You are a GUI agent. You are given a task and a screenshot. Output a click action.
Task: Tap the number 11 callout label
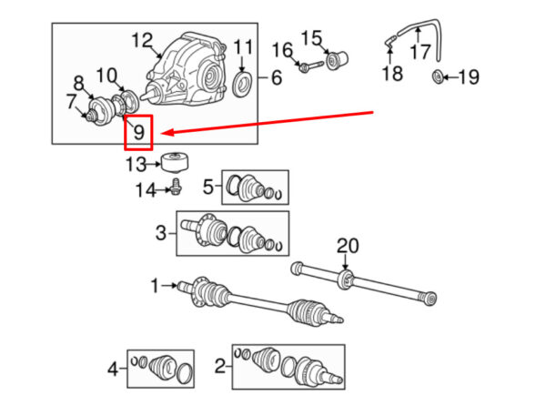tap(243, 47)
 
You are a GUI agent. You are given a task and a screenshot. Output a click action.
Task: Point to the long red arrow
tap(264, 125)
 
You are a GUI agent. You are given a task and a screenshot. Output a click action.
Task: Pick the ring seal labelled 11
tap(243, 85)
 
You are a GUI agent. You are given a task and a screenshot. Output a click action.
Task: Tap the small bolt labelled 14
tap(177, 188)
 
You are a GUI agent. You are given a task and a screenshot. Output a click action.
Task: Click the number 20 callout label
tap(349, 245)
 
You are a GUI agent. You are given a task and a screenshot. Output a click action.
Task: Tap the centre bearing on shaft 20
tap(347, 277)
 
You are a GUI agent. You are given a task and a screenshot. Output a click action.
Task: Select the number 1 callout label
tap(155, 286)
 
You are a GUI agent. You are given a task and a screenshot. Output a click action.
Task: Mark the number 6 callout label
tap(276, 78)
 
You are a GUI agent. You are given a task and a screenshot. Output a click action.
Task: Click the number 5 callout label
tap(208, 188)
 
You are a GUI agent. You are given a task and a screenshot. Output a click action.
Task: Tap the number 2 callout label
tap(220, 366)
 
